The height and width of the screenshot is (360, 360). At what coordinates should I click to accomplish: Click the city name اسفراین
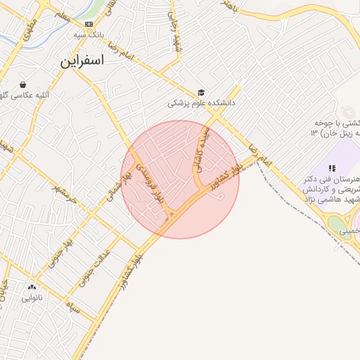pos(82,61)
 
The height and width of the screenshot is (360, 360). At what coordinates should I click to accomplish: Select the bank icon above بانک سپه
pos(89,24)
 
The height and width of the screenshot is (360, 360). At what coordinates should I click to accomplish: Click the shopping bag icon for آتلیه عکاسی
pos(23,84)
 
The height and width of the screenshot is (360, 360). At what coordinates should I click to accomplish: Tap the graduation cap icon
pos(201,92)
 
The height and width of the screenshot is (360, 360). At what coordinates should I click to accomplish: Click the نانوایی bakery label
pos(32,297)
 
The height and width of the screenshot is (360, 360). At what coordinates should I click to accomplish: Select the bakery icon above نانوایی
pos(32,287)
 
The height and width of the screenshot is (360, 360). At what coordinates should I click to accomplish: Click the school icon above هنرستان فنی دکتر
pos(332,168)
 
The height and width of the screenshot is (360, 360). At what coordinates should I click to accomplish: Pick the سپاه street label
pos(71,307)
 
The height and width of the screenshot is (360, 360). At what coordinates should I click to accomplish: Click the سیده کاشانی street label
pos(202,150)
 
